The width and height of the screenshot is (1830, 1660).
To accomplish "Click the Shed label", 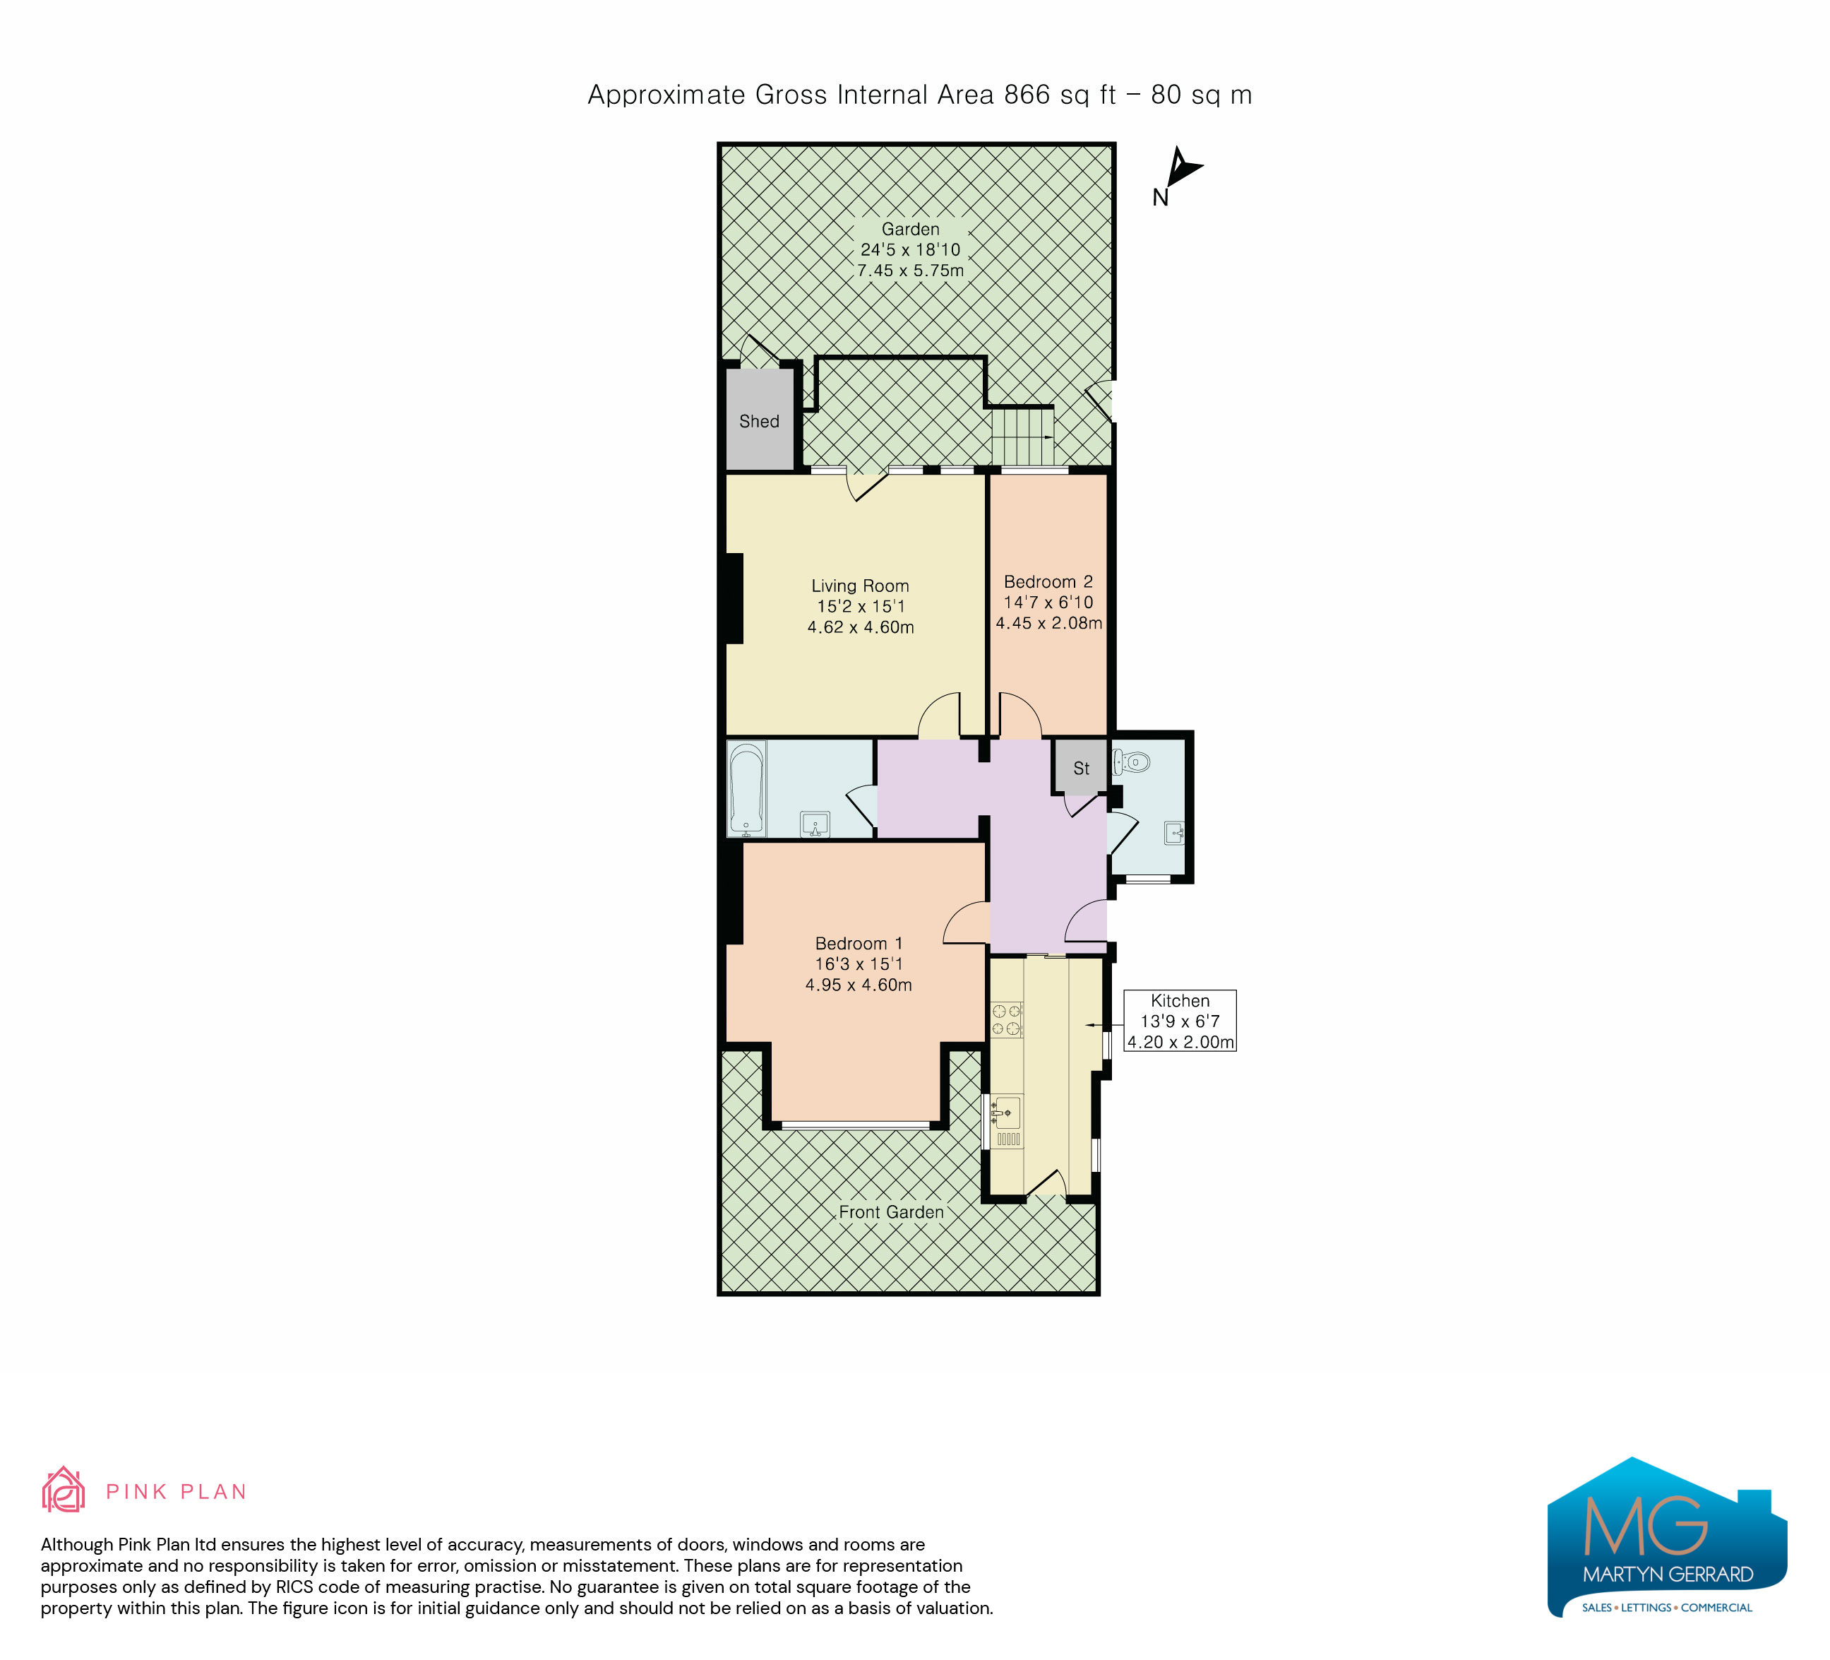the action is point(759,421).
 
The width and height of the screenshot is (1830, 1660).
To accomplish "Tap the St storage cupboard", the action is point(1080,767).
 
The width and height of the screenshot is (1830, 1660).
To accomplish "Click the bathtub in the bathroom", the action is point(747,789).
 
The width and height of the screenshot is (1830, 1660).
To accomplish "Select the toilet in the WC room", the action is point(1131,761).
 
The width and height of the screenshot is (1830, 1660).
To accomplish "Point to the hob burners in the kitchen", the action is point(1007,1019).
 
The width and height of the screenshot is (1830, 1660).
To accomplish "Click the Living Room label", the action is point(860,586).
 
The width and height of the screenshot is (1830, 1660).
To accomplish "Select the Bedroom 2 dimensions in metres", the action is point(1048,623).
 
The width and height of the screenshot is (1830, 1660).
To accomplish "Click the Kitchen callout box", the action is point(1180,1021).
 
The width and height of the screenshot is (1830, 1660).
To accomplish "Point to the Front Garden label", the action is point(892,1212).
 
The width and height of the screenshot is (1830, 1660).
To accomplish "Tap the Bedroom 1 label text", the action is point(859,944).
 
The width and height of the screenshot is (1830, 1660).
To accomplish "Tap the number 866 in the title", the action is point(1027,95).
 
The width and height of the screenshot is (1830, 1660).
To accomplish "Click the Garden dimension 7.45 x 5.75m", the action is point(911,271).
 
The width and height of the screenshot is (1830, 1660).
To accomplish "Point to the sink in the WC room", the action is point(1175,833).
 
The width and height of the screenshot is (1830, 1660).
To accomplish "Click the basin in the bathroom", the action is point(815,824).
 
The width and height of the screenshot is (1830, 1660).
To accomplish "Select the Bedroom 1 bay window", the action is point(855,1126).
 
